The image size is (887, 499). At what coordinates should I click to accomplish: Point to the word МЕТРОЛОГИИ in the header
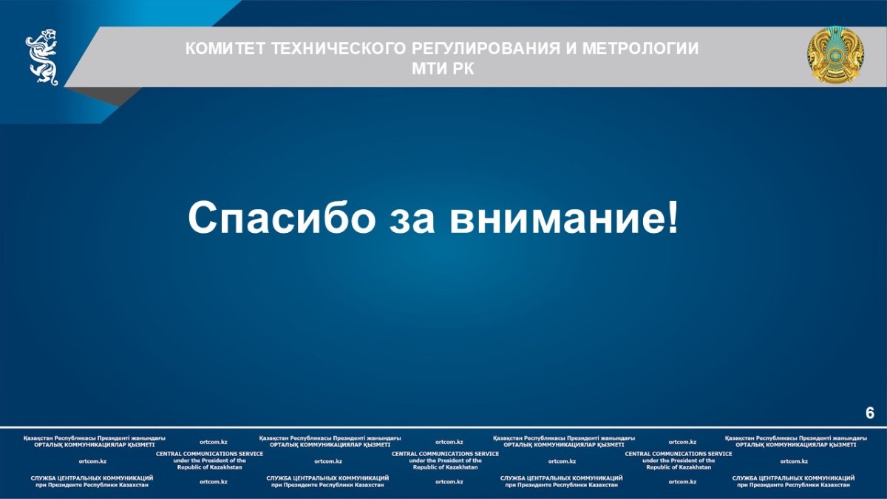[x=640, y=49]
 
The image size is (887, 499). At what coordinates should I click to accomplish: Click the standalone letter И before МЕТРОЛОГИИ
[x=571, y=49]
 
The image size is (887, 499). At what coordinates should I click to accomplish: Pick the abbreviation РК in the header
[x=463, y=69]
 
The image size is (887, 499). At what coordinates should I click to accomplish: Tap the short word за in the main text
[x=412, y=223]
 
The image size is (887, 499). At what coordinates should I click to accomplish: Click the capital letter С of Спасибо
[x=202, y=217]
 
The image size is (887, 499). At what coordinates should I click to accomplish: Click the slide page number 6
[x=870, y=413]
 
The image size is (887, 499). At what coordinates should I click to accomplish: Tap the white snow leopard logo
[x=42, y=57]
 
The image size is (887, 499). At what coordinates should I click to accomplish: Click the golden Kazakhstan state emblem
[x=835, y=55]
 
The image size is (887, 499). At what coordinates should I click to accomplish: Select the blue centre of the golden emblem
[x=835, y=55]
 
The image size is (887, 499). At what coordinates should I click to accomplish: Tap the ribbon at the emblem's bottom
[x=835, y=75]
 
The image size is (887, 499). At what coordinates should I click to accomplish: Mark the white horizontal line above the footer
[x=443, y=427]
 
